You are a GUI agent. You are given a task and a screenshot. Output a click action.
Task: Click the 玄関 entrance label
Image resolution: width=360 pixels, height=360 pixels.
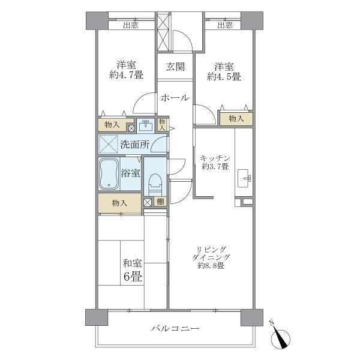175,67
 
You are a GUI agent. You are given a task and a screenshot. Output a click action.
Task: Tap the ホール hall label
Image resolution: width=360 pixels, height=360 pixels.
175,98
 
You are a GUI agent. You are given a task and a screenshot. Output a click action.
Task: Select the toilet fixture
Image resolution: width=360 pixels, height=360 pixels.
155,185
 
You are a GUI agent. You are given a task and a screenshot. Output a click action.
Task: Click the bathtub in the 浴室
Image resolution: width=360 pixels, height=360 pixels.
109,173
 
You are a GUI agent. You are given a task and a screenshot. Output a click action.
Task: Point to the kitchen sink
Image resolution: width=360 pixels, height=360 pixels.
244,178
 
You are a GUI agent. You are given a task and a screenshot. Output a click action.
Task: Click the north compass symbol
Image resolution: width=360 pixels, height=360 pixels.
280,337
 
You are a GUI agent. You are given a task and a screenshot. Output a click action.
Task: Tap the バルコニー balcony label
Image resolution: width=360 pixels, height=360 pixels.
175,328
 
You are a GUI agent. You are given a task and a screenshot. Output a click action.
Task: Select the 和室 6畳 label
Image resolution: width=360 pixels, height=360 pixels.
133,270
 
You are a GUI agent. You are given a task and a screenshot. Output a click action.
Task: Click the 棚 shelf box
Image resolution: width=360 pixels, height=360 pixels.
160,202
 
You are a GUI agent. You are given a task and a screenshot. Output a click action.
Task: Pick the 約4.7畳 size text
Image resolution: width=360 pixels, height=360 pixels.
126,75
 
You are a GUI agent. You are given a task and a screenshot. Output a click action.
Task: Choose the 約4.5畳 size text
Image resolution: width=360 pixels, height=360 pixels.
224,76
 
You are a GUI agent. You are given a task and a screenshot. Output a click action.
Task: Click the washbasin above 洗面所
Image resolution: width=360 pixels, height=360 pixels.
146,126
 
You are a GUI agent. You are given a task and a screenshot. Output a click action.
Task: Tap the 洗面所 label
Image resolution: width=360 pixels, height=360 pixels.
135,145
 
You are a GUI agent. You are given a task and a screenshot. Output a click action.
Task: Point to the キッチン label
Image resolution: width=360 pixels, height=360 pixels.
215,158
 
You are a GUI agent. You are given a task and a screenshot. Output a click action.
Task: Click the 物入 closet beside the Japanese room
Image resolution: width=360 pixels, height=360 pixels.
119,203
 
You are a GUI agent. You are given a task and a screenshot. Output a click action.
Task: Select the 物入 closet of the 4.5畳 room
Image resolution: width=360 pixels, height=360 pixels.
236,119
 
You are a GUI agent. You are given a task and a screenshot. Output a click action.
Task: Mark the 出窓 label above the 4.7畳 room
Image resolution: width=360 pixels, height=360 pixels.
131,25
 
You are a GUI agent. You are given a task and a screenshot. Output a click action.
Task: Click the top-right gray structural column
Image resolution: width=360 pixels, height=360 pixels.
252,20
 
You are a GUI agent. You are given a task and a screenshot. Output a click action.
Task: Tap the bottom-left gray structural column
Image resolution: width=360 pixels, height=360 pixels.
97,317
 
